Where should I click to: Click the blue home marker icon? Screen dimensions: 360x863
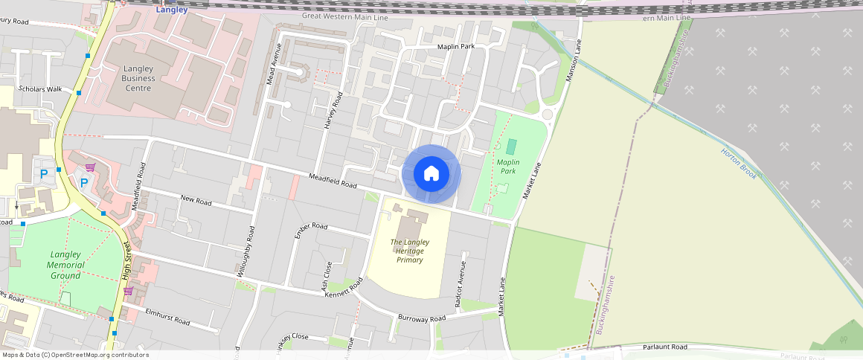tap(431, 173)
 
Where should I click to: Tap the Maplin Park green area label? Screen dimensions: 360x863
tap(507, 166)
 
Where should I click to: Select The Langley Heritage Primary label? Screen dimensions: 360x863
tap(409, 251)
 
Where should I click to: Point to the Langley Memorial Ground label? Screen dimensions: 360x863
tap(65, 265)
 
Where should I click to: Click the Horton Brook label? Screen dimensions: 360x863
tap(738, 163)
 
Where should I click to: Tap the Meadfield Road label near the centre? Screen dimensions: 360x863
tap(333, 181)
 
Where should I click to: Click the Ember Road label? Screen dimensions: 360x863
tap(311, 225)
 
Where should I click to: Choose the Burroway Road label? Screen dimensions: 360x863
tap(421, 318)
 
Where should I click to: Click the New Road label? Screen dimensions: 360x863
tap(196, 200)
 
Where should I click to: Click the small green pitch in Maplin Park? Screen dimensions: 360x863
tap(511, 147)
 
